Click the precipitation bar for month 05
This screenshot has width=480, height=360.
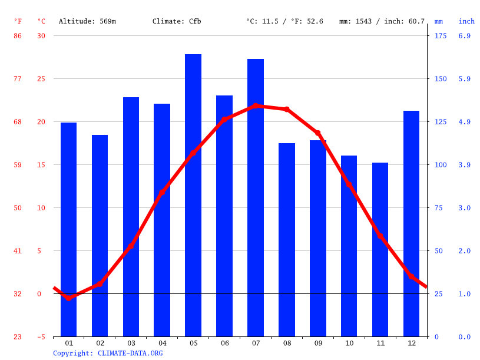click(x=193, y=195)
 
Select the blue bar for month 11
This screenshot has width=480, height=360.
click(x=380, y=249)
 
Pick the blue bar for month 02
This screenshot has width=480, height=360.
click(x=100, y=236)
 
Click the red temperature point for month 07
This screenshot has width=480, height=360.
click(x=256, y=106)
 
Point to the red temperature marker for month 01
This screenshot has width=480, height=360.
click(x=69, y=298)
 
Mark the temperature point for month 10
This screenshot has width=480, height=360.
click(x=349, y=184)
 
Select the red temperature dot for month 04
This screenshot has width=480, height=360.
click(x=162, y=192)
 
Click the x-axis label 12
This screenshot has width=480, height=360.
click(x=411, y=343)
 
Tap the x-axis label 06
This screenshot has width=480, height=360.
click(x=224, y=343)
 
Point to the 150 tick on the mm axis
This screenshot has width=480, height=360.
click(x=441, y=79)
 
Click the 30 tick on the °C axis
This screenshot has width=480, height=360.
click(x=41, y=36)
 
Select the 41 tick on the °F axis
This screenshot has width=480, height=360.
click(x=18, y=251)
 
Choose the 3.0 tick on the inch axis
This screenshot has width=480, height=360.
click(x=465, y=208)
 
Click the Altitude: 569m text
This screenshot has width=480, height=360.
click(x=87, y=21)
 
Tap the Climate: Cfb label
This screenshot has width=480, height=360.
click(x=177, y=21)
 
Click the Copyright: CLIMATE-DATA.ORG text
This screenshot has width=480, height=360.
click(x=108, y=353)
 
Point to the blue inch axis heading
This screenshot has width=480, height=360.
click(x=466, y=21)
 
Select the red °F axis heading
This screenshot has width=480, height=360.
click(x=18, y=21)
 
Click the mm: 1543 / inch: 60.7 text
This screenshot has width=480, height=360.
click(x=382, y=21)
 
